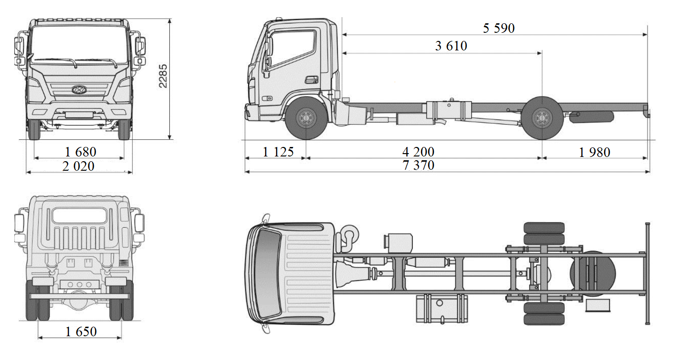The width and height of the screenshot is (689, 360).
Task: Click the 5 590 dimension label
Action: [x=498, y=28]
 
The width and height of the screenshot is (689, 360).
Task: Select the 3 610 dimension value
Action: [x=451, y=46]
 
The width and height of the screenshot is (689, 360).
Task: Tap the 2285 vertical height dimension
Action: [x=163, y=76]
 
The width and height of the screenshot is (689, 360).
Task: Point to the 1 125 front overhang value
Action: [x=278, y=152]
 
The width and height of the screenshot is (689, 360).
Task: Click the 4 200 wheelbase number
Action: [x=418, y=152]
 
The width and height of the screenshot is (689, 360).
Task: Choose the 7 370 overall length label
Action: [x=418, y=165]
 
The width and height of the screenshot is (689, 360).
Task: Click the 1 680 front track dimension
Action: [x=80, y=152]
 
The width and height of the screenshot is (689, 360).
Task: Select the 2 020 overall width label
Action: [x=78, y=166]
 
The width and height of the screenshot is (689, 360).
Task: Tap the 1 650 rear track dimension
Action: [x=81, y=331]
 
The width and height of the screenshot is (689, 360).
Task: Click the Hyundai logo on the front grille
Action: [x=78, y=89]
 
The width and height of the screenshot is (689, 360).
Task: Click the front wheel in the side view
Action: [x=305, y=118]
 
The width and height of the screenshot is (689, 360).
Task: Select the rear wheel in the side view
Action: [x=541, y=118]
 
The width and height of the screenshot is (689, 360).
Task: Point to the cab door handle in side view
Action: [x=311, y=79]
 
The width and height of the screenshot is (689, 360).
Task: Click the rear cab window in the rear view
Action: [x=79, y=215]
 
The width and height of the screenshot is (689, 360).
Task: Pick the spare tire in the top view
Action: [x=593, y=273]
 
